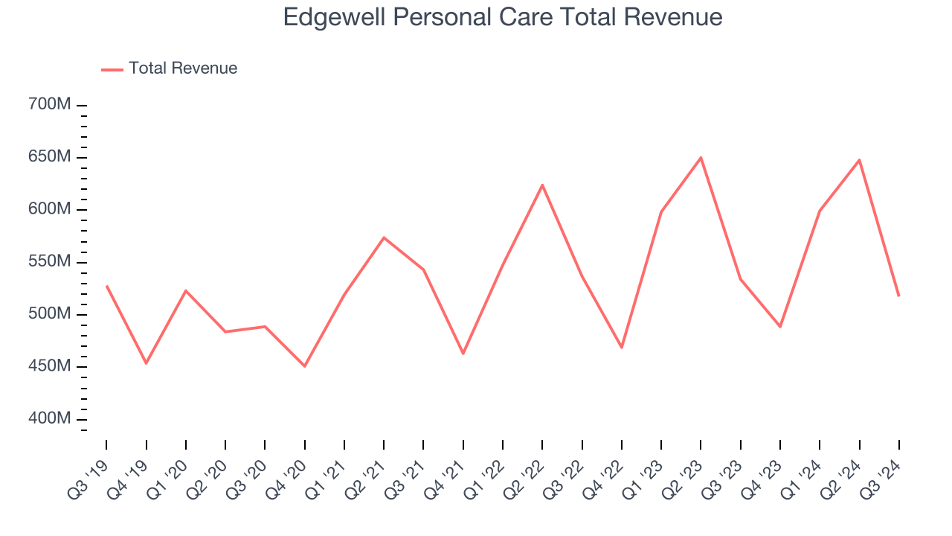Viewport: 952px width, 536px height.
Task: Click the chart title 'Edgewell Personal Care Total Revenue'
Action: [x=503, y=17]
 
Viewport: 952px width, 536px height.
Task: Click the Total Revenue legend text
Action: [x=183, y=68]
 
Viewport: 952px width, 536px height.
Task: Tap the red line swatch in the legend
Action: [x=112, y=69]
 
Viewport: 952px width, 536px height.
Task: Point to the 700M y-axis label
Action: [x=49, y=105]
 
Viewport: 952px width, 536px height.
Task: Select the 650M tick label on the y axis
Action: [x=49, y=157]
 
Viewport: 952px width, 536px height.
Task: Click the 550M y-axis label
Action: [x=49, y=262]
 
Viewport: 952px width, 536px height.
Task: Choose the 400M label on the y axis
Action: [x=49, y=419]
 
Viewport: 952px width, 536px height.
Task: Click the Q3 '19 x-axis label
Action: [x=88, y=476]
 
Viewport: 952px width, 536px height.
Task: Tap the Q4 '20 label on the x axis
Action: [x=286, y=476]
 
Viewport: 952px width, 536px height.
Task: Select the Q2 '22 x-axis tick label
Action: [x=524, y=476]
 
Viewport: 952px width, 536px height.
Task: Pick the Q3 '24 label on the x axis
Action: [x=881, y=476]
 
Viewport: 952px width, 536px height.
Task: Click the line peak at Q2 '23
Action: [x=701, y=157]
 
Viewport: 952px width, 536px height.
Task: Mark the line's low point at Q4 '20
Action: [x=304, y=366]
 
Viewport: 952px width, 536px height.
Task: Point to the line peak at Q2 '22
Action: [x=542, y=185]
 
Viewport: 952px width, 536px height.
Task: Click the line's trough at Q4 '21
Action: [x=463, y=354]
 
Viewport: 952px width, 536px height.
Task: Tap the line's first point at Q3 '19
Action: [x=106, y=286]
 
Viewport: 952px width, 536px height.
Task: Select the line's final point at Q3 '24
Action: [x=898, y=296]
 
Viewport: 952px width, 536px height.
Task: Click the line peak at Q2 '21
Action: [x=384, y=237]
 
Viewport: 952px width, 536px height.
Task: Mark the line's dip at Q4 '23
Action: [x=780, y=327]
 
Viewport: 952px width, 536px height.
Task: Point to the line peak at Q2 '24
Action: [x=859, y=159]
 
